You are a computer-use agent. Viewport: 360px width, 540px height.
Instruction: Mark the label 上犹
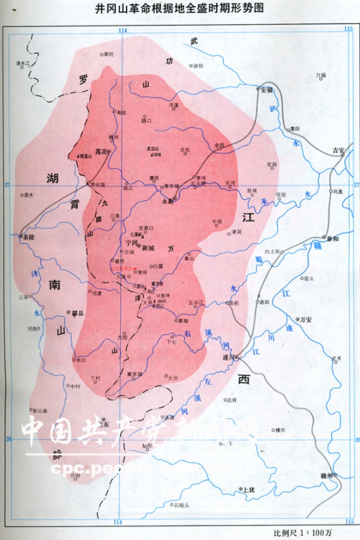[x=249, y=490]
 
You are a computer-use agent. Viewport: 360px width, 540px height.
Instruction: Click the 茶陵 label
[x=26, y=237]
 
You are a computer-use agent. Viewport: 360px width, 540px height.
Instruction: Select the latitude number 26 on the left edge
[x=8, y=439]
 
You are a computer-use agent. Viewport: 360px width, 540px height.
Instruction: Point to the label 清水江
[x=24, y=63]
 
